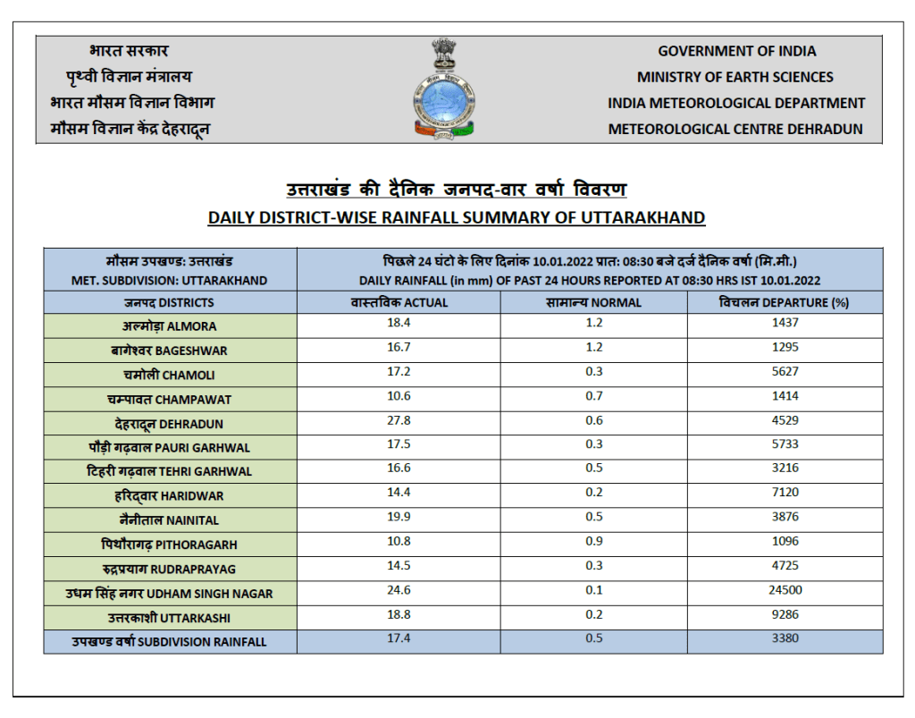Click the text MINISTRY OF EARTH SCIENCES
735,77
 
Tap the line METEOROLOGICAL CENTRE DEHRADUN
735,129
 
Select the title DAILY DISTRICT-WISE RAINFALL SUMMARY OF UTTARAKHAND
457,217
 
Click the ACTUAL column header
399,302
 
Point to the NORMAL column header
593,302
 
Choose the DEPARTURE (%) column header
784,302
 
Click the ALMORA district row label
170,326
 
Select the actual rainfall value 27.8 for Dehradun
399,419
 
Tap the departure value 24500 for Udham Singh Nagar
784,589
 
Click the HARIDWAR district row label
170,495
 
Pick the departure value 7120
784,492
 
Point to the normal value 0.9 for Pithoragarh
593,541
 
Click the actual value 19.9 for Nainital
399,517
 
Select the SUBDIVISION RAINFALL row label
170,641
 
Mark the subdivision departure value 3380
784,638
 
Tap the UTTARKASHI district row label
170,618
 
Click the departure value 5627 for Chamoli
784,371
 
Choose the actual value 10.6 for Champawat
399,395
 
